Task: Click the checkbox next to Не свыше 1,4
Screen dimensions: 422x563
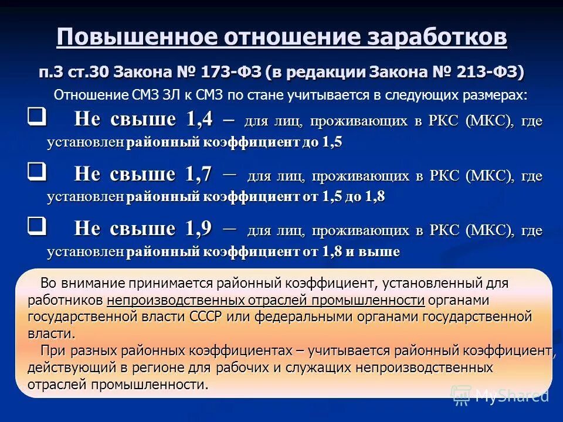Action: [x=36, y=117]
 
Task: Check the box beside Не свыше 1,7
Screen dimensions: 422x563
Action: [x=36, y=172]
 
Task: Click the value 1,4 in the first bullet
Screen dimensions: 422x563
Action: [x=199, y=120]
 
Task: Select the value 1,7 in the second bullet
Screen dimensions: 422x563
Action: [x=199, y=174]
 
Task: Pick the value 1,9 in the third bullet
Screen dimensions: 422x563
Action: [x=199, y=229]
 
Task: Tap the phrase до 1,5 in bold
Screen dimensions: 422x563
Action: [x=322, y=143]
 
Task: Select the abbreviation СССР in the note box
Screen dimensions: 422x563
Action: [x=206, y=317]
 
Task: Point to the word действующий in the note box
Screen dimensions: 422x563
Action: [x=66, y=368]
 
